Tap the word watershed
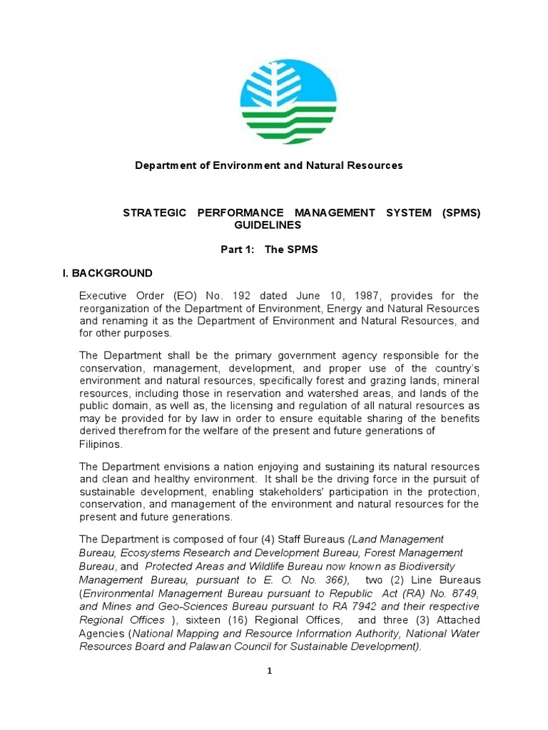click(x=372, y=393)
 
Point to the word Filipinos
click(x=101, y=443)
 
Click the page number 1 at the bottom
click(x=270, y=671)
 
